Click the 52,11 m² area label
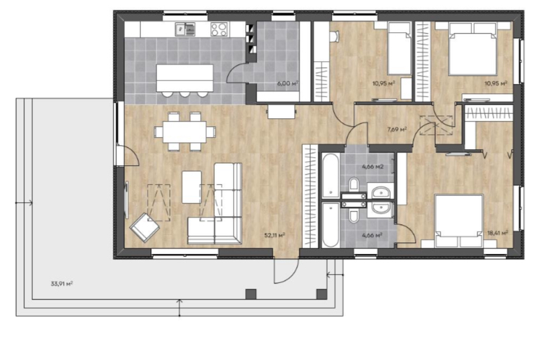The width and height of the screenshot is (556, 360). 275,235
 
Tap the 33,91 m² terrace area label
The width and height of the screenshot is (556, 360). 62,283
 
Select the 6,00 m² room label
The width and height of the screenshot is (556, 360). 288,84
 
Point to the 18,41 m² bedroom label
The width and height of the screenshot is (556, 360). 498,233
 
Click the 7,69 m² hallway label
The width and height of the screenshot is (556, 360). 397,130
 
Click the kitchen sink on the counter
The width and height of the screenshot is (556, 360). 185,30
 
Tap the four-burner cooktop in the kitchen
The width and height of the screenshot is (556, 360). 219,30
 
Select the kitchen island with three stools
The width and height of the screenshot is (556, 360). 185,80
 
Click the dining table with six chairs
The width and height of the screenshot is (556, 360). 185,132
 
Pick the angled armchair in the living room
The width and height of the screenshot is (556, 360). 144,227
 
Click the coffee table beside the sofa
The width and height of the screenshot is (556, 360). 192,187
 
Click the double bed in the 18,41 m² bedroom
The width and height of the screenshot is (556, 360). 459,220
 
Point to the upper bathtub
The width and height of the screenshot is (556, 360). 331,175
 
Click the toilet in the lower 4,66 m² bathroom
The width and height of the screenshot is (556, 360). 353,216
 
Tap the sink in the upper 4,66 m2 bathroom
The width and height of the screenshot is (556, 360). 381,193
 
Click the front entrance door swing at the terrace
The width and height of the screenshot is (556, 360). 286,271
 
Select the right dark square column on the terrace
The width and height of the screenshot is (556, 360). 322,294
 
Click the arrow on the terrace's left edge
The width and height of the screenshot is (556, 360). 24,203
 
